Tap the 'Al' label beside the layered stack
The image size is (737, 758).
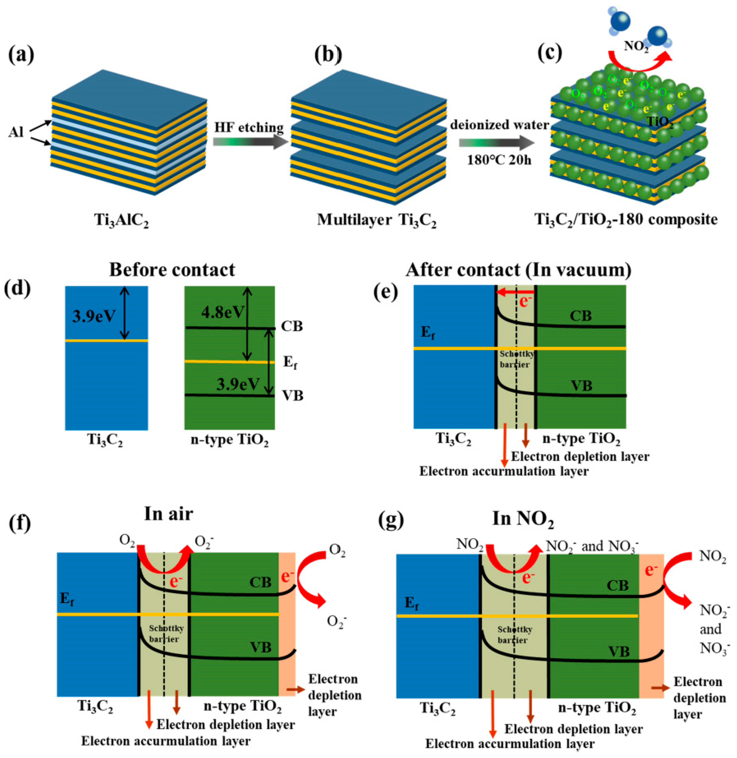(x=16, y=133)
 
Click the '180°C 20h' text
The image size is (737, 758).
(x=499, y=159)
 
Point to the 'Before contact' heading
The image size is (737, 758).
(x=172, y=270)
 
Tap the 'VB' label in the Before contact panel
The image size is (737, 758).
(x=292, y=395)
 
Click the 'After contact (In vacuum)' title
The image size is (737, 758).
(x=518, y=270)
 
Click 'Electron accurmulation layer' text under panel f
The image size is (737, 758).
(x=166, y=741)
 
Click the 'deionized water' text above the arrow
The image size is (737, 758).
(x=499, y=125)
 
